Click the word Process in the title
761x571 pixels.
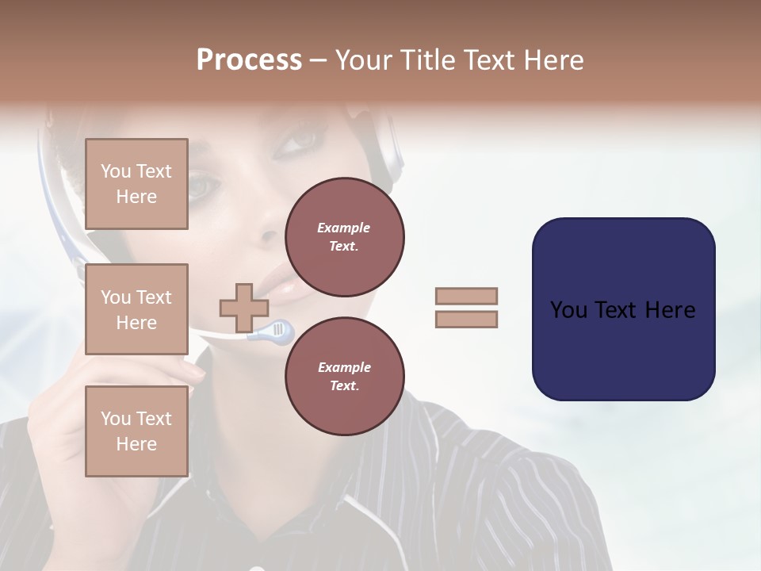pyautogui.click(x=249, y=60)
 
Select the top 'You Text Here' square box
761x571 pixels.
pyautogui.click(x=136, y=184)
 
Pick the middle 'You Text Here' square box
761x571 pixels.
pyautogui.click(x=136, y=309)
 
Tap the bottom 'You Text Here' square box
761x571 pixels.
pyautogui.click(x=136, y=431)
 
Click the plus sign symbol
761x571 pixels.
pyautogui.click(x=244, y=308)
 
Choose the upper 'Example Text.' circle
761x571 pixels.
pyautogui.click(x=344, y=237)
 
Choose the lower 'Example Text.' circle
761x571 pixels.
pyautogui.click(x=344, y=376)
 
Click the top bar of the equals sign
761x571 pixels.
pyautogui.click(x=466, y=297)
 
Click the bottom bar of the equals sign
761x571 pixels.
pyautogui.click(x=466, y=319)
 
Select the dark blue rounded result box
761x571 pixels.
pyautogui.click(x=623, y=309)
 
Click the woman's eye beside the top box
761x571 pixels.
pyautogui.click(x=203, y=186)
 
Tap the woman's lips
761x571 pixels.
pyautogui.click(x=273, y=278)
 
